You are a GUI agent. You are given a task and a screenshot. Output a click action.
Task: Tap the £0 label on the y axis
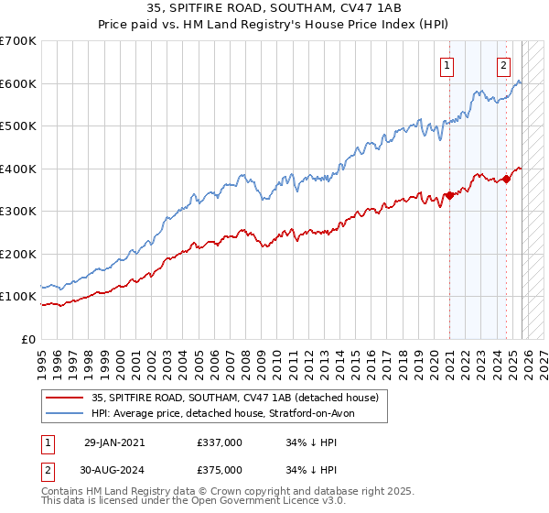28,339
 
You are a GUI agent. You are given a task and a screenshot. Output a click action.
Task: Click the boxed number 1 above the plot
447,64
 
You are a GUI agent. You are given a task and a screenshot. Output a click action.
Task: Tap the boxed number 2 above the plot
503,64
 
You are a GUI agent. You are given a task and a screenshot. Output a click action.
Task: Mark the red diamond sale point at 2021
449,195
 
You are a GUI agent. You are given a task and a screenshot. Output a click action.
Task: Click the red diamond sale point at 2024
507,179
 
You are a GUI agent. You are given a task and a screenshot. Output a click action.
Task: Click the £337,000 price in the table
220,442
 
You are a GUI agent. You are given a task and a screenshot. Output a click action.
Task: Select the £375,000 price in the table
220,469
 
